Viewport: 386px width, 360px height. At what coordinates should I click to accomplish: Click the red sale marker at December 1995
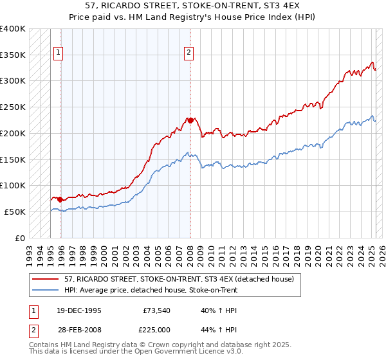click(x=60, y=199)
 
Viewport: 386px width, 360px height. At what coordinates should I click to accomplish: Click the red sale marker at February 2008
click(x=190, y=120)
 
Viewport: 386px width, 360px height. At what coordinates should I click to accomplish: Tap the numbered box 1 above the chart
click(x=59, y=53)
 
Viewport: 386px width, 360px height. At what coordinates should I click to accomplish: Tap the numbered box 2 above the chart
click(x=189, y=53)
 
